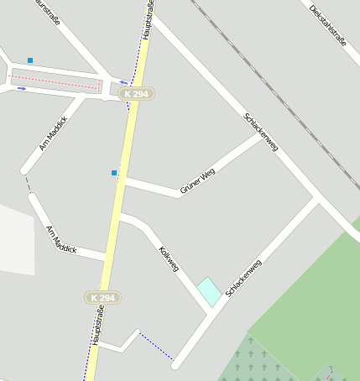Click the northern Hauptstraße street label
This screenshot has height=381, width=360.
pos(147,18)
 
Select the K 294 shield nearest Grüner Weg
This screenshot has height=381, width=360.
pos(135,94)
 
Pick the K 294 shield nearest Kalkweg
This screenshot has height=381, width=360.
pos(102,298)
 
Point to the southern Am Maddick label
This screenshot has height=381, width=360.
pos(61,239)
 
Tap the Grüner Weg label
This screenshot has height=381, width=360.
pos(198,181)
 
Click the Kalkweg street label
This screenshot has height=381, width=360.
pos(169,258)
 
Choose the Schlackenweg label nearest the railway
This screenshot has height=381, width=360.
pos(260,132)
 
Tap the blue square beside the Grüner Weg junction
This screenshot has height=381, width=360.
pos(114,173)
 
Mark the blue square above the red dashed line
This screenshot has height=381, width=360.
pos(30,60)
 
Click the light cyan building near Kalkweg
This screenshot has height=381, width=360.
pos(209,291)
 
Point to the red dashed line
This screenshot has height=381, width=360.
pos(55,81)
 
